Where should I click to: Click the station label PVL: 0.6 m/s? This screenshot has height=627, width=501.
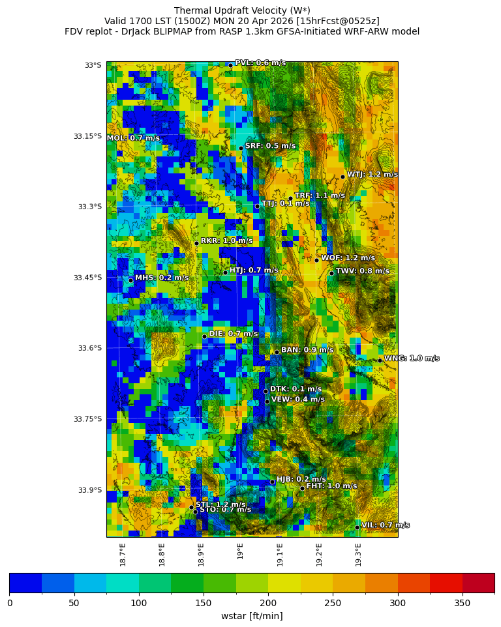(x=260, y=63)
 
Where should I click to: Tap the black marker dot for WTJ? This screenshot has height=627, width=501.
(x=342, y=177)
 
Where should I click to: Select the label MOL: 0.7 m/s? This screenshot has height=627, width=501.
(x=133, y=138)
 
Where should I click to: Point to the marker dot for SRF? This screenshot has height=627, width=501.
(x=241, y=148)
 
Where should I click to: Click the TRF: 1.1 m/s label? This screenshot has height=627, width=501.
(x=320, y=196)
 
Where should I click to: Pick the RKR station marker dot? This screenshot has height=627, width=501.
(x=196, y=243)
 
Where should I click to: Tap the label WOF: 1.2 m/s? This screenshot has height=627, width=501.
(x=348, y=258)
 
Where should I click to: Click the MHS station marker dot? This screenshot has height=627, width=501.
(x=130, y=280)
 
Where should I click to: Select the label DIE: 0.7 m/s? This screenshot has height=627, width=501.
(x=233, y=334)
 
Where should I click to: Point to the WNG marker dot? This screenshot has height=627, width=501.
(x=380, y=360)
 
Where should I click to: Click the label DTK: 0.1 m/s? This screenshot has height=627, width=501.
(x=296, y=389)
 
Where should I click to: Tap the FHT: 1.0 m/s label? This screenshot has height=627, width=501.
(x=331, y=486)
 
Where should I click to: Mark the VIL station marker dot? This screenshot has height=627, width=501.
(x=357, y=527)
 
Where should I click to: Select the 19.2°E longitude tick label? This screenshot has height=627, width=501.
(x=319, y=555)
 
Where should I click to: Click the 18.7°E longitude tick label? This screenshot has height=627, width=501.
(x=123, y=555)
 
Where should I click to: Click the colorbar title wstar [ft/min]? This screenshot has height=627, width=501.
(x=252, y=616)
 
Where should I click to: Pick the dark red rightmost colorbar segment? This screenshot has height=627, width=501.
(x=478, y=583)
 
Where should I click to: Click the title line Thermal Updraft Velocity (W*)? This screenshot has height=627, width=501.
(x=242, y=10)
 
